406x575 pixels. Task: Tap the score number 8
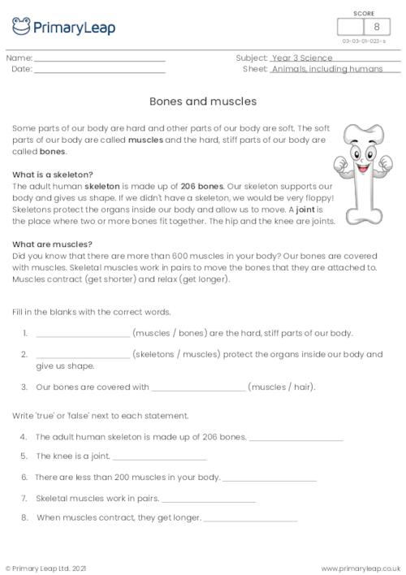[376, 27]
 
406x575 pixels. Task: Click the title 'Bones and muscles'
[203, 102]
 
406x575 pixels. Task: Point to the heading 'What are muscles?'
[53, 244]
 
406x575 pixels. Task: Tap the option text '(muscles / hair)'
[282, 387]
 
